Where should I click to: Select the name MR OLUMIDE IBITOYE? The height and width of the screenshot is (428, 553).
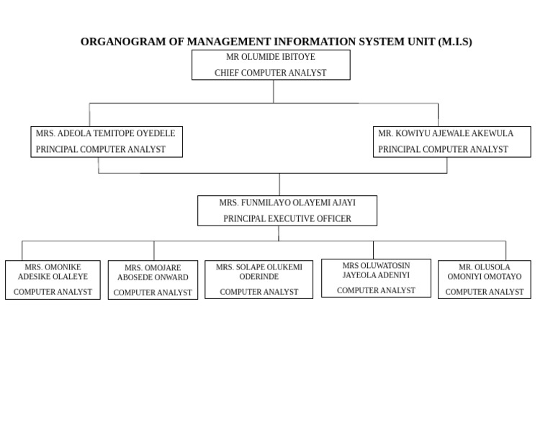(271, 57)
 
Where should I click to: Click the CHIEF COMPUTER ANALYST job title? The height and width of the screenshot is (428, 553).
(271, 73)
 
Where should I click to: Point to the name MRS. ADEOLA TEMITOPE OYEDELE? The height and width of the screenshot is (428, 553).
(106, 133)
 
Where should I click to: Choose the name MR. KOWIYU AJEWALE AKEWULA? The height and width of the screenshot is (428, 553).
(446, 133)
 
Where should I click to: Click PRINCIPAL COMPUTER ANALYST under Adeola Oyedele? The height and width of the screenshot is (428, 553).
(101, 149)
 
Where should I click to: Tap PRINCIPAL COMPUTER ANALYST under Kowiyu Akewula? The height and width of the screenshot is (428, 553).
(443, 149)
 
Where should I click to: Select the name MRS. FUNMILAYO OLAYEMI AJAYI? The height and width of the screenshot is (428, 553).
(287, 202)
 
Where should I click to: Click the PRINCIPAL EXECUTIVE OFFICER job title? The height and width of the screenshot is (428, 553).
(287, 218)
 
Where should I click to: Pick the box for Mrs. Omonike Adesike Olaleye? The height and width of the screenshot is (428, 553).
(53, 280)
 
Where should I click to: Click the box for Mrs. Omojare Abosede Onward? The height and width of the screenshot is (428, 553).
(153, 280)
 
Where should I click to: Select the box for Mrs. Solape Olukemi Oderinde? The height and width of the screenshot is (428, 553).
(258, 280)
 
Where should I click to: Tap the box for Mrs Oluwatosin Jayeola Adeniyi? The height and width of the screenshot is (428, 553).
(376, 278)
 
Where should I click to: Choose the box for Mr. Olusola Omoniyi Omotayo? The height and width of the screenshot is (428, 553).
(484, 280)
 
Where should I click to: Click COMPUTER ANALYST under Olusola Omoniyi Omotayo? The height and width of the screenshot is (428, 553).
(484, 292)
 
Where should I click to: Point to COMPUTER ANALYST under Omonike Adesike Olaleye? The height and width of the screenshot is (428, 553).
(53, 292)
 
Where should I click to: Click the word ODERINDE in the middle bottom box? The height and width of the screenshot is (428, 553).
(259, 277)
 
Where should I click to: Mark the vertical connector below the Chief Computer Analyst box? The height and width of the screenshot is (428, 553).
(274, 91)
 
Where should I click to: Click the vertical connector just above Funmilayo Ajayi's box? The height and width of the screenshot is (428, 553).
(279, 184)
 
